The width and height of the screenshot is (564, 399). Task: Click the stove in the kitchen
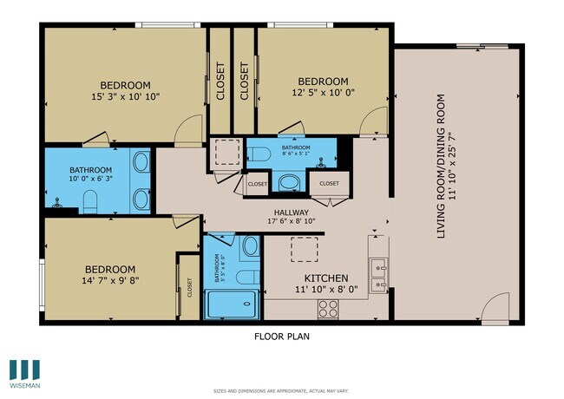click(328, 307)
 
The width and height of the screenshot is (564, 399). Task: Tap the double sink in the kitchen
click(377, 275)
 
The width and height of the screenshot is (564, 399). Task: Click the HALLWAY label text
click(291, 211)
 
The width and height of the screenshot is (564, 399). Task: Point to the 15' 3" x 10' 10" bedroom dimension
click(125, 96)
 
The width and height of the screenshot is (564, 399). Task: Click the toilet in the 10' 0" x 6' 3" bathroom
click(89, 200)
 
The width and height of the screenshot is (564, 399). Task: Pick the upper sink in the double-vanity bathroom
click(141, 160)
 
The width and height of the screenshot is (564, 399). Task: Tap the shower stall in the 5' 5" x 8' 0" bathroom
click(231, 304)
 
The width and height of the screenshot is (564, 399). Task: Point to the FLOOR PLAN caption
click(281, 336)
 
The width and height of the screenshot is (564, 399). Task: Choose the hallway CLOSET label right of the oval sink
click(330, 184)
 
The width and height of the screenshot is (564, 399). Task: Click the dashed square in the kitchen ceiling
click(303, 251)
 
